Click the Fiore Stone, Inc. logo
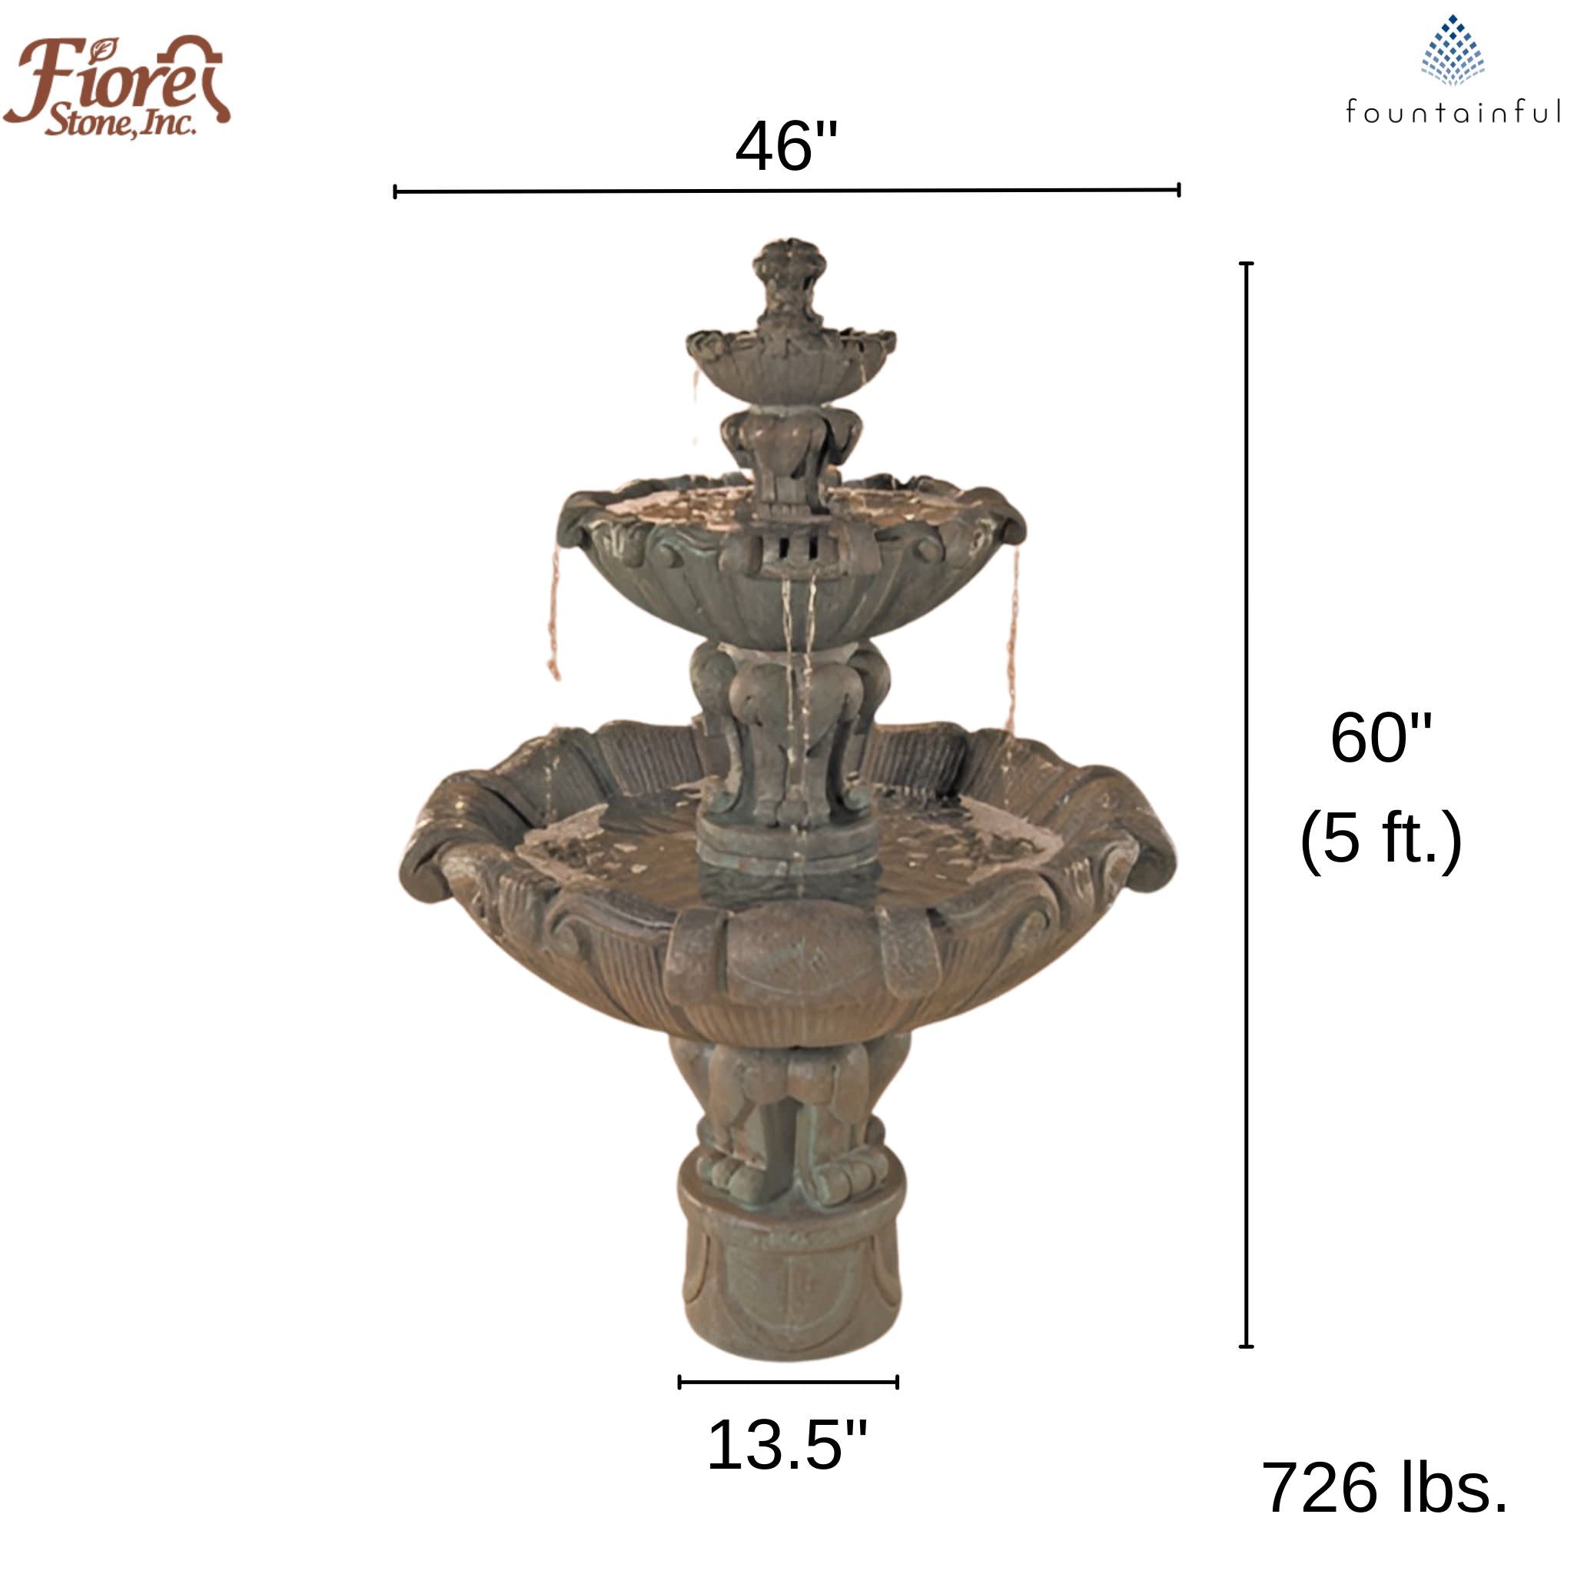(117, 85)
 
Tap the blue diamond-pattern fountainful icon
(1453, 51)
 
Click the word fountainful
(1453, 111)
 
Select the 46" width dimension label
(786, 147)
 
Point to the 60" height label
(1380, 737)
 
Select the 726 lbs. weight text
(1384, 1488)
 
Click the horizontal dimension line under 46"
(787, 191)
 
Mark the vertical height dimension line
(1246, 805)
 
